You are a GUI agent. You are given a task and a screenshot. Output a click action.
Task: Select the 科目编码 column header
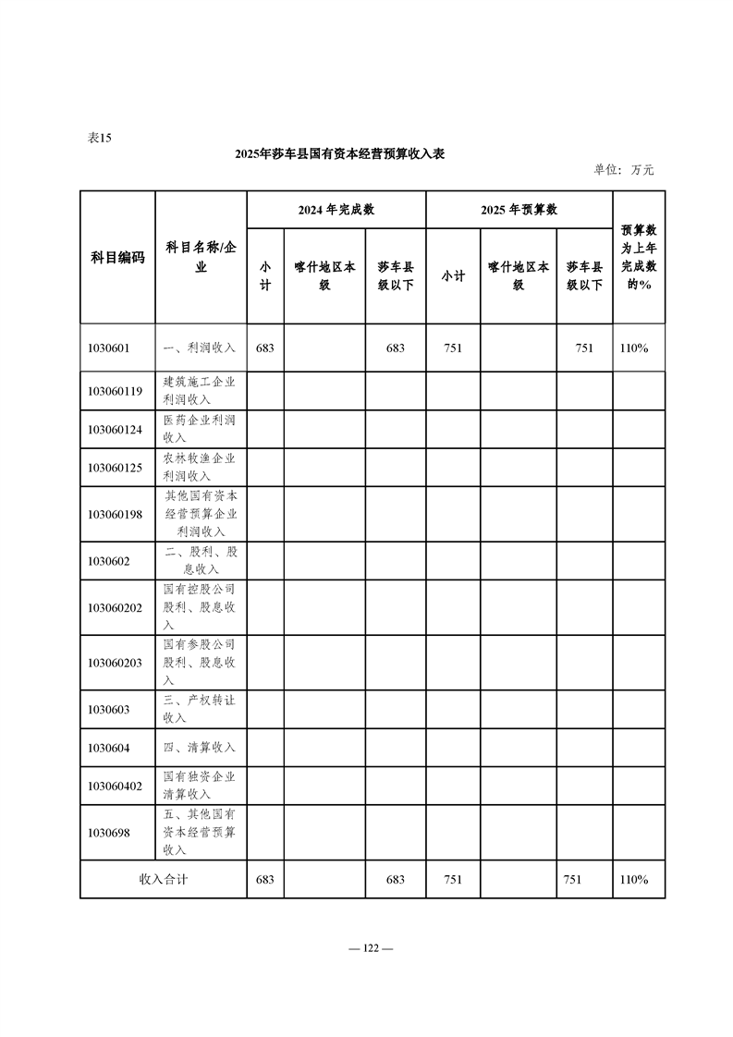(117, 257)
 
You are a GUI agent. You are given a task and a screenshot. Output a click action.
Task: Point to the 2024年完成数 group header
(336, 210)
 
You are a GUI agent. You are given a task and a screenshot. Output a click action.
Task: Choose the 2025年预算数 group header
(519, 210)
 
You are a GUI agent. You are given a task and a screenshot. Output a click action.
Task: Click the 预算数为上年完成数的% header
(638, 257)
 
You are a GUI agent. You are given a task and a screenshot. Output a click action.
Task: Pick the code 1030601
(109, 348)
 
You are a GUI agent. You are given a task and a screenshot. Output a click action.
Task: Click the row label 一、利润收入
(200, 348)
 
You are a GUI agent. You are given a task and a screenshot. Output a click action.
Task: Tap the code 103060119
(115, 391)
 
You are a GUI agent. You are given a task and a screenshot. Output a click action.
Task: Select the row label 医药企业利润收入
(200, 429)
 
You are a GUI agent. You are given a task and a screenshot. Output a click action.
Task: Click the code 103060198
(115, 514)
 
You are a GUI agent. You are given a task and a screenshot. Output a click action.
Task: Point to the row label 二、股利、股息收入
(200, 560)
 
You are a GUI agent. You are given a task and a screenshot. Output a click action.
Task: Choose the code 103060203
(115, 663)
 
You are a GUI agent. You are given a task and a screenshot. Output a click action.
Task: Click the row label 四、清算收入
(200, 747)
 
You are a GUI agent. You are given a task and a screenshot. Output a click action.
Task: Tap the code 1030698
(109, 832)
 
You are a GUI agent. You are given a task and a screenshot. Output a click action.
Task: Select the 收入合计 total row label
(163, 879)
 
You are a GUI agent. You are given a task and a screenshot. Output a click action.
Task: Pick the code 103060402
(115, 786)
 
